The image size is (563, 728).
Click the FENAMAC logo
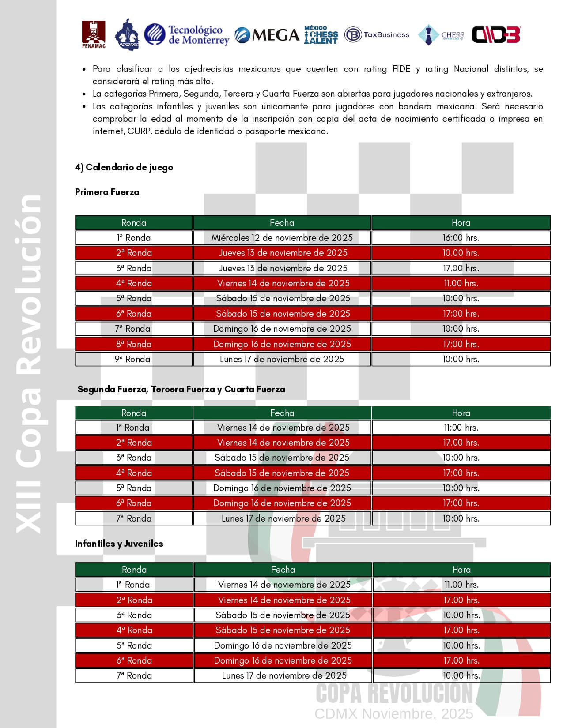coord(94,34)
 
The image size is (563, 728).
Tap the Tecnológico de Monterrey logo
coord(187,35)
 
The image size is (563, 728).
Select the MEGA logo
coord(267,35)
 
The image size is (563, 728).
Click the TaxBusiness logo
coord(377,35)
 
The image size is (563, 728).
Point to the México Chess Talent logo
coord(321,35)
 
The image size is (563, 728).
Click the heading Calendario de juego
coord(124,167)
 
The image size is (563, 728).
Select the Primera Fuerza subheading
coord(107,192)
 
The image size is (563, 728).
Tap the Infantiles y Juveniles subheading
coord(119,544)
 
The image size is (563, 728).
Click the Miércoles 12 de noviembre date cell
coord(282,238)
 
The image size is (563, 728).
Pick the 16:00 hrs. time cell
coord(461,238)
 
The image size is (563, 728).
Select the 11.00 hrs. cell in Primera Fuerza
coord(461,283)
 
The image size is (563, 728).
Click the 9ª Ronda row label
coord(133,359)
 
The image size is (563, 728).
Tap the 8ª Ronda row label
coord(133,344)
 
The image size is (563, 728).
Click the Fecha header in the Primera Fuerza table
coord(282,223)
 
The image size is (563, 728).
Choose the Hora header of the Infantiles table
coord(461,570)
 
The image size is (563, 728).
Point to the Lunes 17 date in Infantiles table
coord(284,675)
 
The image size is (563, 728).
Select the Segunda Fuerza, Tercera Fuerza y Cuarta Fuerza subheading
coord(181,389)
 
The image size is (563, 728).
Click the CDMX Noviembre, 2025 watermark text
coord(393,713)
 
